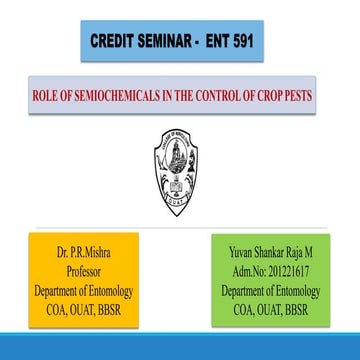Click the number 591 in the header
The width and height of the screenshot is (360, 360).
231,41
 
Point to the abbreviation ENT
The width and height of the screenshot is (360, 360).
203,41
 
